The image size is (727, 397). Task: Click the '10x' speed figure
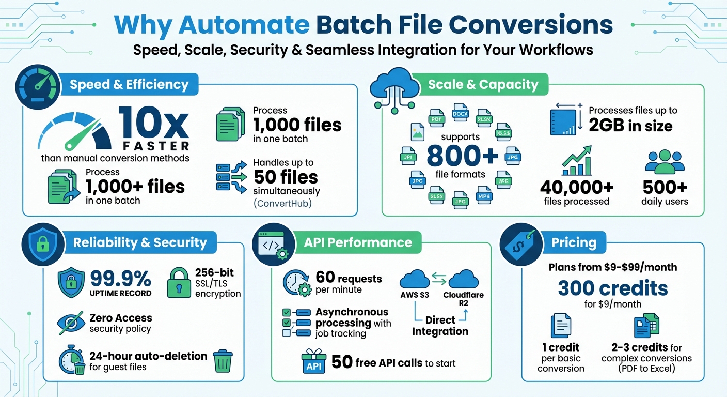(x=153, y=123)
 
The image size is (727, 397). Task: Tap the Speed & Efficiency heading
(x=129, y=84)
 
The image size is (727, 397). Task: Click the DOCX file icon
(x=460, y=112)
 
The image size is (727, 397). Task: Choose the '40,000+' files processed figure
(x=576, y=187)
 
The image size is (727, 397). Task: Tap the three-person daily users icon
(x=665, y=162)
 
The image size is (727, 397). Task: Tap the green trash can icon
(x=223, y=360)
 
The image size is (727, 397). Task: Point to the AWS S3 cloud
(x=415, y=280)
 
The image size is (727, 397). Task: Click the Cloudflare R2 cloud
(x=463, y=280)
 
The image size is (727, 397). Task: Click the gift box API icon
(x=313, y=361)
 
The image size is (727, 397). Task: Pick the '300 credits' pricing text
(x=612, y=288)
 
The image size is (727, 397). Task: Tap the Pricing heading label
(x=573, y=242)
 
